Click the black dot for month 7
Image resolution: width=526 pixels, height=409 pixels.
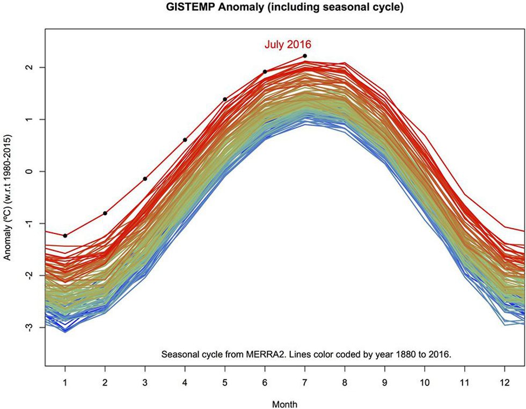(x=304, y=56)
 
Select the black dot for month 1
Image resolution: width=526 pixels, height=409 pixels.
(x=65, y=236)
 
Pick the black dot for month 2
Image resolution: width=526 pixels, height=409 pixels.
(x=105, y=213)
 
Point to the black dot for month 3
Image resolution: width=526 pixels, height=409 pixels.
(x=145, y=179)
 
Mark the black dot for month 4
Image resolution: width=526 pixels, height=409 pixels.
(x=185, y=140)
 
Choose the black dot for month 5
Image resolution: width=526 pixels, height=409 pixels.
(x=225, y=99)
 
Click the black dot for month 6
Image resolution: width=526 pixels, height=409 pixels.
(x=265, y=71)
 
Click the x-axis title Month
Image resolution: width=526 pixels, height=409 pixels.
(x=285, y=404)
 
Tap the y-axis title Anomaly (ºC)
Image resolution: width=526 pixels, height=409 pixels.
(x=8, y=198)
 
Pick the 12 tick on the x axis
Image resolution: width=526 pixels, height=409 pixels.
(x=504, y=383)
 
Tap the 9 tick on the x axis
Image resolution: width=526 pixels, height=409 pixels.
(x=384, y=383)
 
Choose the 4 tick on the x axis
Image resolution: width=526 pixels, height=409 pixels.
(x=185, y=383)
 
